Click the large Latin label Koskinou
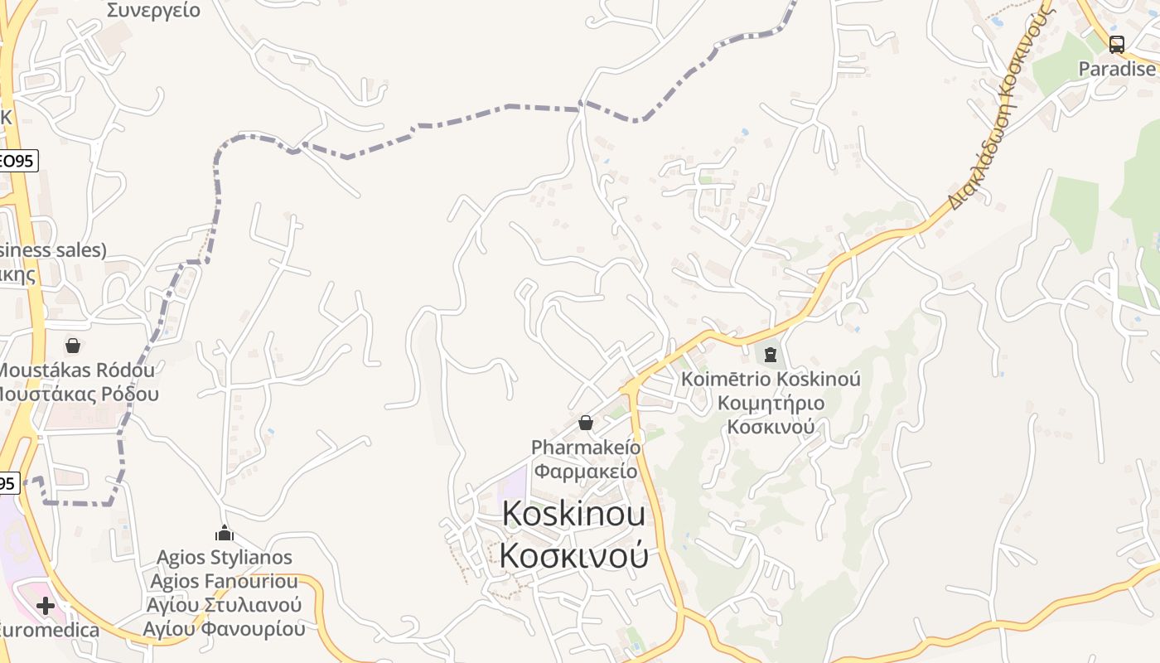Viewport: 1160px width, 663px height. [573, 514]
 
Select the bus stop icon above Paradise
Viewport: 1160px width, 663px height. [1117, 45]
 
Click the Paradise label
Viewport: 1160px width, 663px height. [1117, 69]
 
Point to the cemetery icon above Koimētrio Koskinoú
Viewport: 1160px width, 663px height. [771, 356]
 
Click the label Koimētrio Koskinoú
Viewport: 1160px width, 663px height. [771, 380]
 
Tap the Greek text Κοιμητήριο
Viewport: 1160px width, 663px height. [771, 404]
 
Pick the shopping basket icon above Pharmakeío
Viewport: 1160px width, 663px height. [586, 423]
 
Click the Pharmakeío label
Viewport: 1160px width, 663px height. [586, 448]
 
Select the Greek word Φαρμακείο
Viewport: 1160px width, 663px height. [586, 472]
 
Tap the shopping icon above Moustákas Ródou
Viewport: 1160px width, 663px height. [73, 345]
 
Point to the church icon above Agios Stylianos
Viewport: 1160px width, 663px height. [224, 533]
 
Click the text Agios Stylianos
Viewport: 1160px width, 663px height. [225, 557]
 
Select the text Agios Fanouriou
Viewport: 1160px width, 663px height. [224, 581]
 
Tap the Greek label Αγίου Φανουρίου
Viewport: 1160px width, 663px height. [224, 629]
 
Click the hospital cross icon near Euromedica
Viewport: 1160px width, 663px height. [46, 606]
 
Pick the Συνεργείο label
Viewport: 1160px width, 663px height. [154, 11]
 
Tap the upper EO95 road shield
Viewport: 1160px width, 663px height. [17, 161]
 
